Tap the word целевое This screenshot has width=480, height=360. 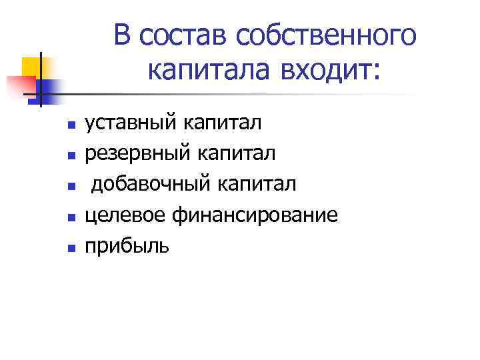[125, 215]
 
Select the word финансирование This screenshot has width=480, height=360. [255, 215]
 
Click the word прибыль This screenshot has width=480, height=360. [127, 246]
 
